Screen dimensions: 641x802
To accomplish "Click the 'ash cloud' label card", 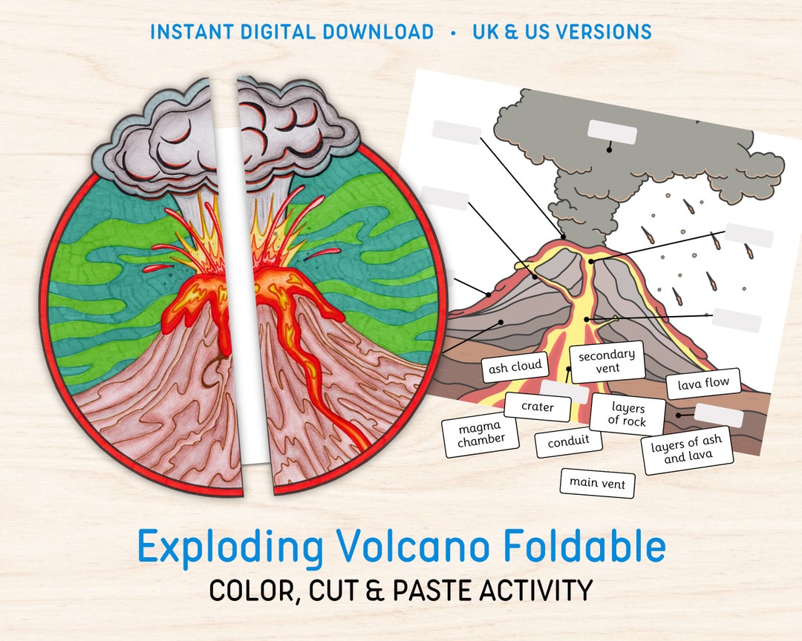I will click(515, 367).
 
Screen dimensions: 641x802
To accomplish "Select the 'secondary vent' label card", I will click(607, 361).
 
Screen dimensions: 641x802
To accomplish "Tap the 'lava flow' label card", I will click(703, 384).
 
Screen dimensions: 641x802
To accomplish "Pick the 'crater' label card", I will click(538, 407).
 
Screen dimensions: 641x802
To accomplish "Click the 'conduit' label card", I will click(568, 441).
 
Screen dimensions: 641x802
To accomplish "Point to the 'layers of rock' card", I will click(628, 415).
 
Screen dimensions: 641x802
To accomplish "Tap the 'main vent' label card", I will click(597, 483).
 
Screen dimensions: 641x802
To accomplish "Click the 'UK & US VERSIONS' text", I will click(561, 32).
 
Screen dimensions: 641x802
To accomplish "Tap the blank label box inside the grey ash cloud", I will click(612, 131).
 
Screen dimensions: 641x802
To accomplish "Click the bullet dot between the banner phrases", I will click(453, 33).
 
